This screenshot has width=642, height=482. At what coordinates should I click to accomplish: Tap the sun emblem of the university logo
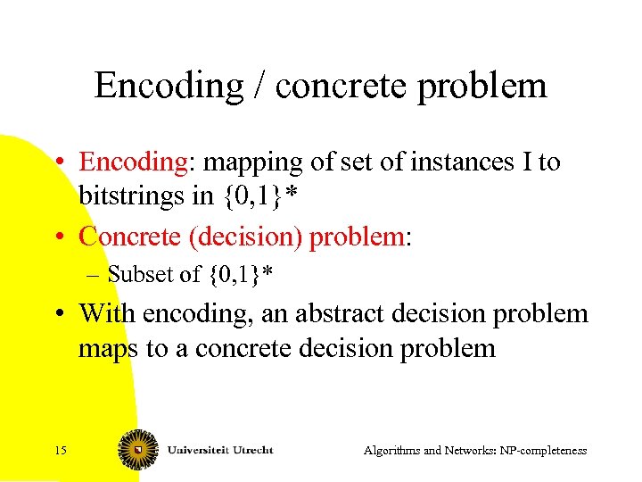click(x=139, y=450)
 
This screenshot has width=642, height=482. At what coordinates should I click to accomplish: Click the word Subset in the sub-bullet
click(x=135, y=275)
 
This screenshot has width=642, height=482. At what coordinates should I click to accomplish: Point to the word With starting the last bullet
click(x=104, y=313)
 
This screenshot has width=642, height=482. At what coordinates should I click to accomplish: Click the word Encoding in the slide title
click(x=168, y=87)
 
